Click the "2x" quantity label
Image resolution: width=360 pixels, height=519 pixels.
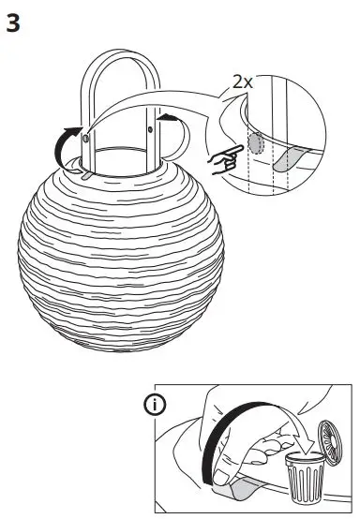tap(243, 82)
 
